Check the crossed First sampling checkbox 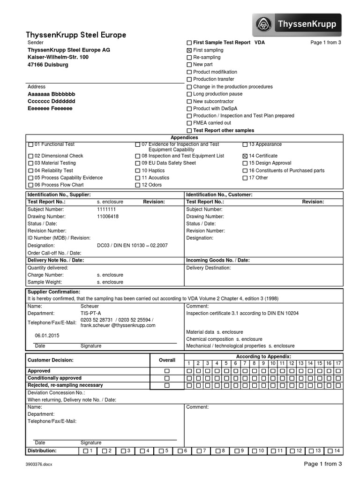pos(189,50)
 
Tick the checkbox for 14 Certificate pos(245,156)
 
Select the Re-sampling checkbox pos(189,58)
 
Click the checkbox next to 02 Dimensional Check pos(31,156)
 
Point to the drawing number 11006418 pos(108,217)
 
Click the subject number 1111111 pos(106,209)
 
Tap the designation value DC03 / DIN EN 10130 pos(132,245)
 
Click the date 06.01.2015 pos(47,336)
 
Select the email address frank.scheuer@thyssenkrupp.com pos(118,325)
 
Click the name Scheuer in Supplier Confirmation pos(90,306)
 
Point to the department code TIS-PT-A pos(91,313)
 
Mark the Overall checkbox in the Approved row pos(166,371)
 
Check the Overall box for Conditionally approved pos(166,378)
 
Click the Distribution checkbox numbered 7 pos(199,451)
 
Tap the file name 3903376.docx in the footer pos(39,464)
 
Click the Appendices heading pos(184,137)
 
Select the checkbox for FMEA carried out pos(189,123)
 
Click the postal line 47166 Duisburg pos(48,64)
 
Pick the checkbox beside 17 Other pos(245,178)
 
